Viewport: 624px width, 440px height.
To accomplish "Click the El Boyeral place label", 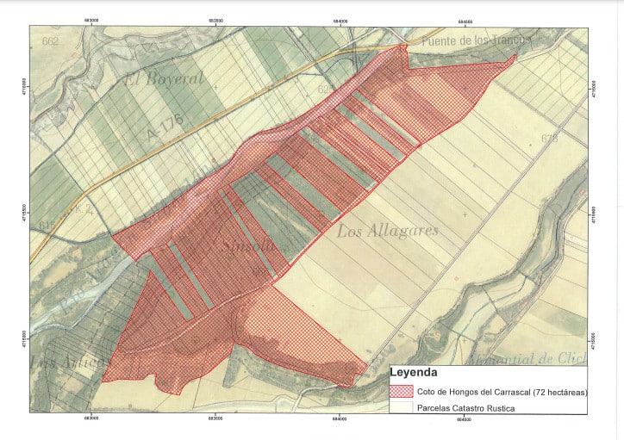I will tap(164, 79).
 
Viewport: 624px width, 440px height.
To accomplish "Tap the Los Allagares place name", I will tap(387, 231).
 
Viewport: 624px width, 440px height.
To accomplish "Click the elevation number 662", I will tap(50, 41).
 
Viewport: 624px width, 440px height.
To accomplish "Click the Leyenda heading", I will tap(419, 374).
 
